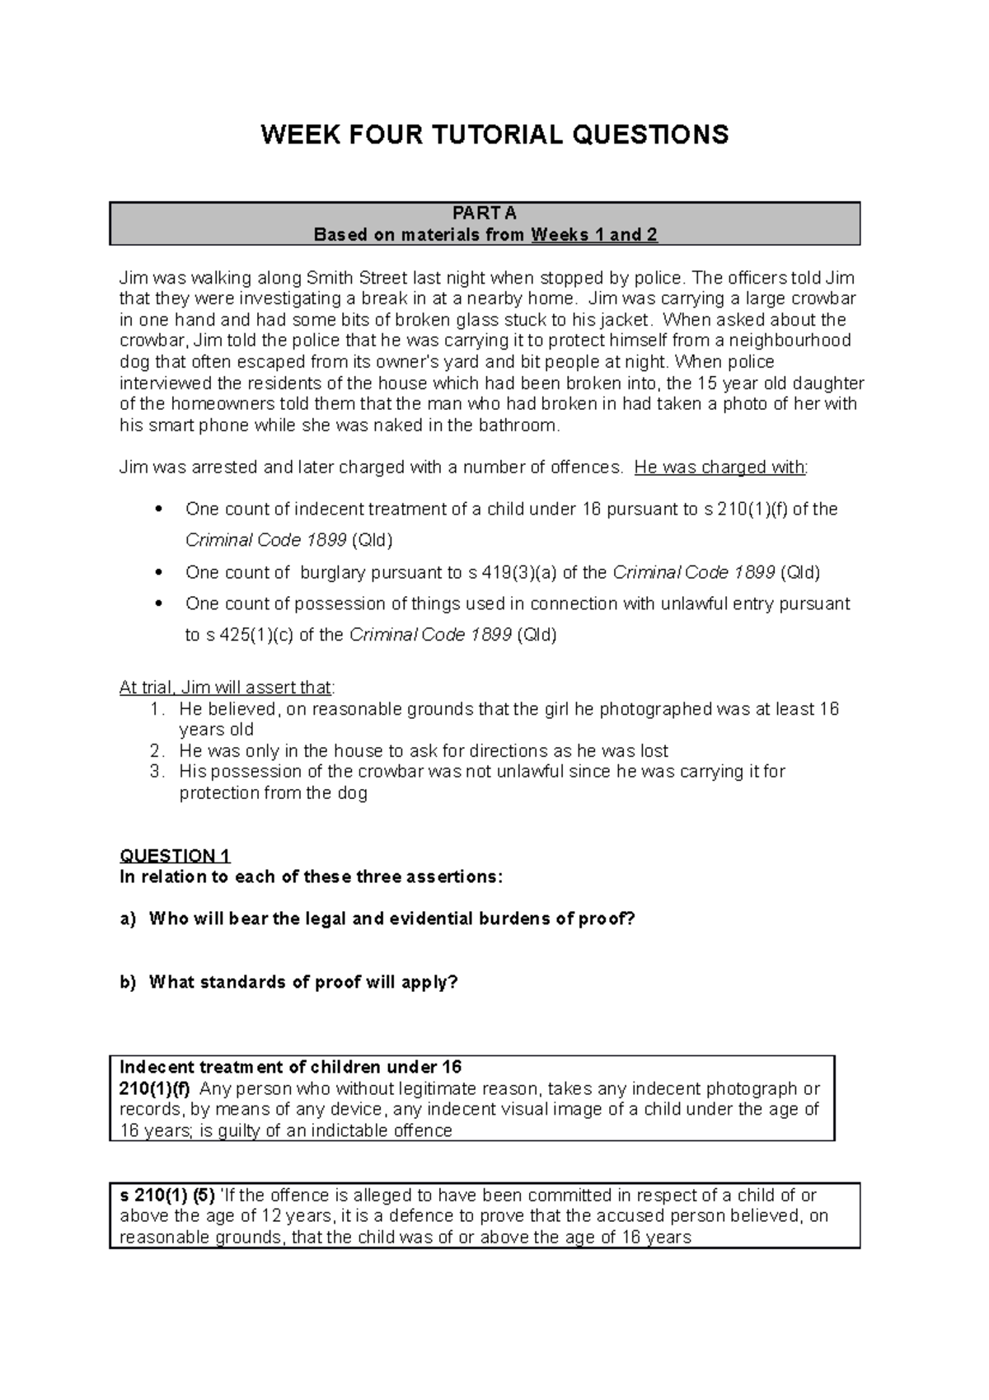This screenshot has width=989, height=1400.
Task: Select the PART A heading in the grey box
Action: [485, 214]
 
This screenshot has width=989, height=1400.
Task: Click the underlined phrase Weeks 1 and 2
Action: [594, 235]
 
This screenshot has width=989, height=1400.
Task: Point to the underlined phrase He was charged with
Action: [719, 467]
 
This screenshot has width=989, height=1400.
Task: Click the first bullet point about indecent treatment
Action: [160, 509]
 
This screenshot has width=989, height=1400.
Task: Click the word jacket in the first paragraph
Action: [629, 320]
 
